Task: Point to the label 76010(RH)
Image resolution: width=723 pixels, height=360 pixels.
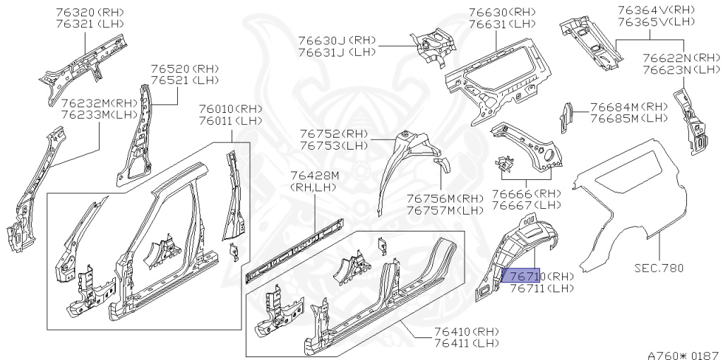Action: tap(230, 109)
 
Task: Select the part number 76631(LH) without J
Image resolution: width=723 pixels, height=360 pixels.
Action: tap(503, 24)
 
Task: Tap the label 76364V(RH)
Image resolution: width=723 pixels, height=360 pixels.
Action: tap(656, 10)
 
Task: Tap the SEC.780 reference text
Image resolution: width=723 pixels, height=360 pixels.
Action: tap(659, 268)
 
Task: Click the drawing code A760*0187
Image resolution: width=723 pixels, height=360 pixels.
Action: tap(681, 349)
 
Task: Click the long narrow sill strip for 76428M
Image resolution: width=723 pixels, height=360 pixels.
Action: tap(294, 251)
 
